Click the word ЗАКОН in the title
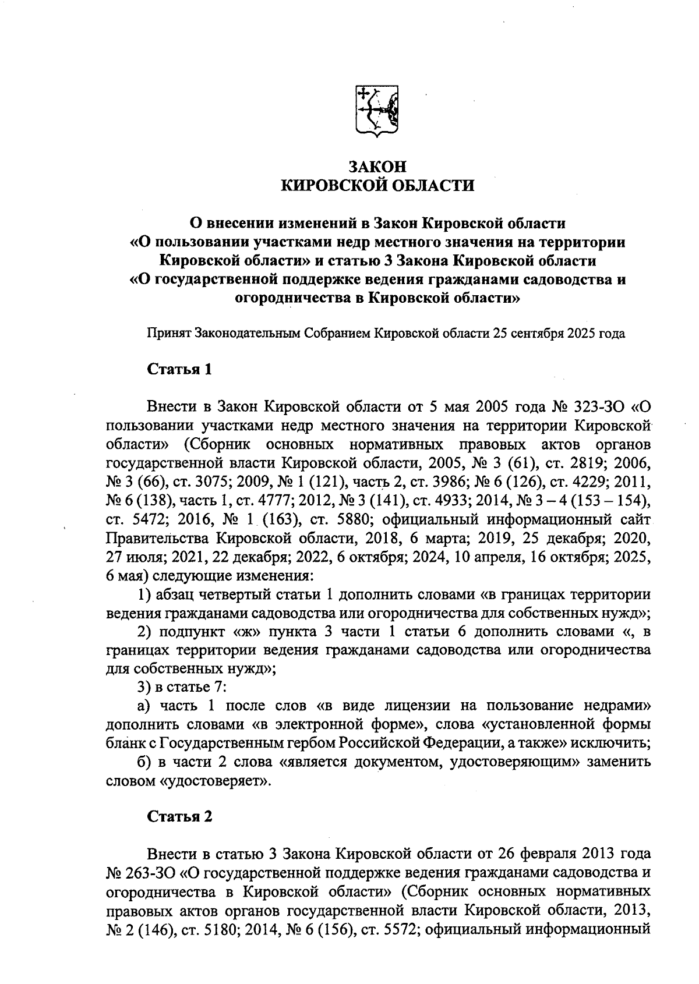(377, 166)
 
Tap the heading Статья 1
(179, 370)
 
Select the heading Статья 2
(179, 816)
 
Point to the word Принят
(168, 334)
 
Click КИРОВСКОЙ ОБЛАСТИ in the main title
(377, 186)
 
